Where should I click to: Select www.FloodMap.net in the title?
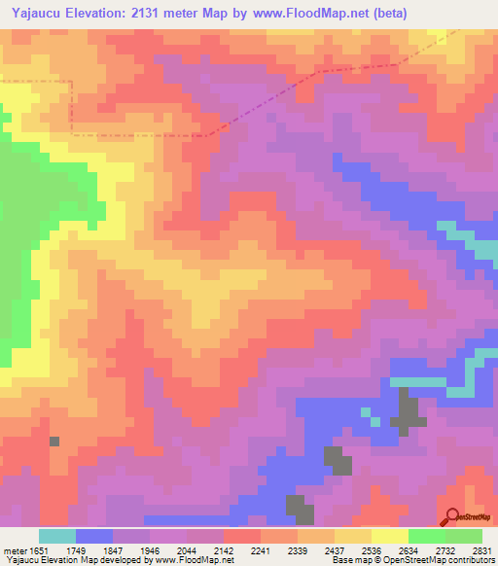316,13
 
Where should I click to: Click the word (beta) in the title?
386,13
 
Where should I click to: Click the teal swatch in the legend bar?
57,536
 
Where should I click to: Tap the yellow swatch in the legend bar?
389,536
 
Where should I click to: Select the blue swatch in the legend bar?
94,536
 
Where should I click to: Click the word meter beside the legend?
12,549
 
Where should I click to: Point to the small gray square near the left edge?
54,442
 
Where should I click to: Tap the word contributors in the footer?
471,560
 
